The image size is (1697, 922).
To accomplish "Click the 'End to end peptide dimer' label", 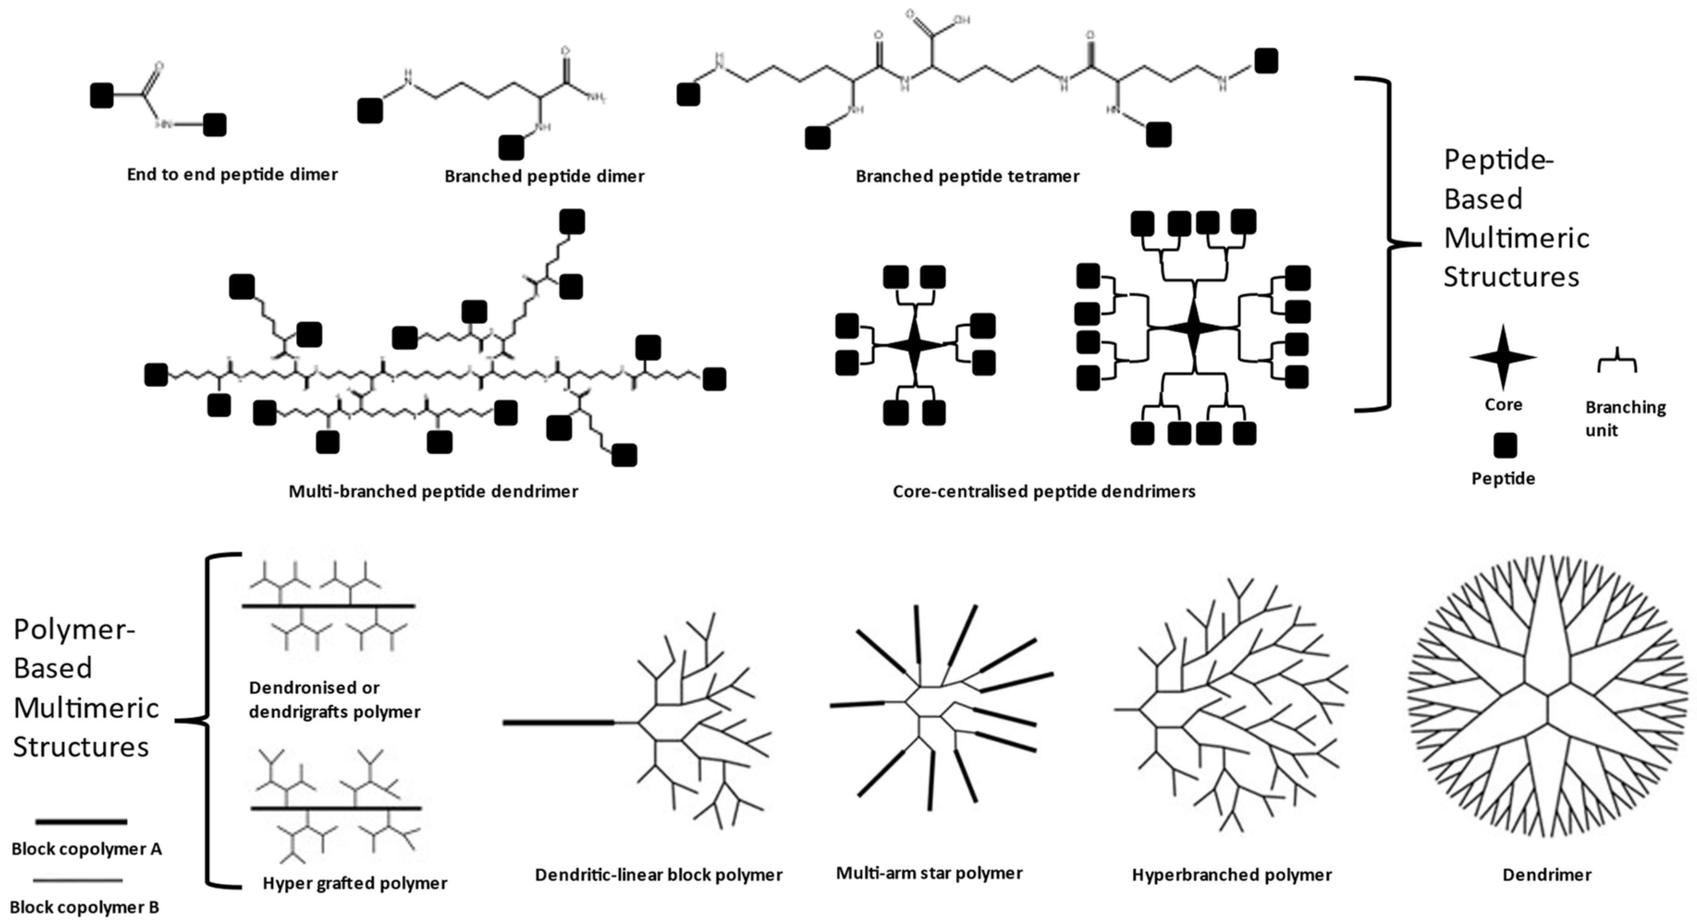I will [x=232, y=175].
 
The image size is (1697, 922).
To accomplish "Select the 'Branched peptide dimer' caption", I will [x=544, y=177].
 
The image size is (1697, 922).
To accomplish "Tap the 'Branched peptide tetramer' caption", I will [x=967, y=177].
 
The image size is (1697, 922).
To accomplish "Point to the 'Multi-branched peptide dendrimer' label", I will [x=433, y=492].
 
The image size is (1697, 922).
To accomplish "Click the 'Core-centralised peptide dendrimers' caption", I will [x=1043, y=492].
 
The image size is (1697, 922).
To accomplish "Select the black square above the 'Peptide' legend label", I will [x=1505, y=446].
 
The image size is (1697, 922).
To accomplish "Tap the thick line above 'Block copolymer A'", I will [x=80, y=822].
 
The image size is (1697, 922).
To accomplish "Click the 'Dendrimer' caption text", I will [x=1546, y=875].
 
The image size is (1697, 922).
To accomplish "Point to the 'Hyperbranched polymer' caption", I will [x=1231, y=875].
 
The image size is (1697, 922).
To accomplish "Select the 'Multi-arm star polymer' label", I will [x=929, y=873].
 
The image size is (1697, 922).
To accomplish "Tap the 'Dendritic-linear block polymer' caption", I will [x=658, y=875].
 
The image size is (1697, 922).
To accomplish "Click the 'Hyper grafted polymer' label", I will [x=355, y=883].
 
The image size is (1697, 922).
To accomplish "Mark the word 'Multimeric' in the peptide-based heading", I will [x=1517, y=238].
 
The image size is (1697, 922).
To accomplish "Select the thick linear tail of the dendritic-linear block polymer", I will [x=558, y=723].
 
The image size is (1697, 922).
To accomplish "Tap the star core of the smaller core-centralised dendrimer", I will [x=914, y=344].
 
